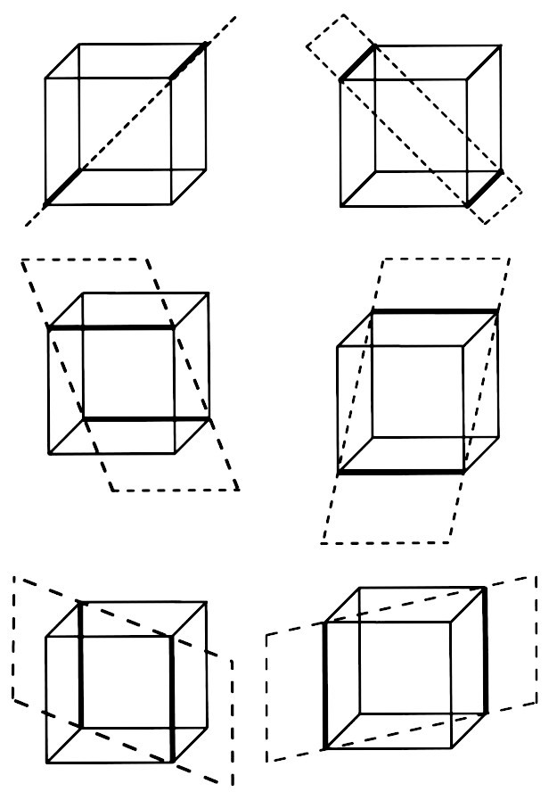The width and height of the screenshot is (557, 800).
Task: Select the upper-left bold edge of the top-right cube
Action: (x=357, y=62)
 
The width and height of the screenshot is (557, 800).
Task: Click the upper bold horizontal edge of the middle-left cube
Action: (x=111, y=328)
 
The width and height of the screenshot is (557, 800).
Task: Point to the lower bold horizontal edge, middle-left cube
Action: (x=147, y=418)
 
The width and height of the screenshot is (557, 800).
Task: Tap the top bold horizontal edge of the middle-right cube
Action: (x=435, y=311)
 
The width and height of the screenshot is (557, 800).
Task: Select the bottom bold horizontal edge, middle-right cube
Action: (x=401, y=471)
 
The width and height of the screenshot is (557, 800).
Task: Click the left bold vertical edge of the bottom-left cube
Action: (x=81, y=664)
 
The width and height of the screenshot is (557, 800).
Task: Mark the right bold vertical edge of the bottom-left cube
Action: (x=169, y=698)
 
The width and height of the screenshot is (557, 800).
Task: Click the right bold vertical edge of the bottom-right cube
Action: (x=485, y=650)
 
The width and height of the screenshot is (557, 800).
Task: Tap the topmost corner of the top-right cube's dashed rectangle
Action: (x=343, y=14)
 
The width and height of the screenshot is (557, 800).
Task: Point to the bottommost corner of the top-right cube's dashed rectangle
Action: (x=487, y=223)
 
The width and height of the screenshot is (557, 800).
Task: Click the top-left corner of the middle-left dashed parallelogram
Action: (x=21, y=260)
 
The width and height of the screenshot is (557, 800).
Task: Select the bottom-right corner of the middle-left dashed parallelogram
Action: (x=239, y=489)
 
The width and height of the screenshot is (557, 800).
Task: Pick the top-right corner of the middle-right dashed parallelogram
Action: (x=511, y=259)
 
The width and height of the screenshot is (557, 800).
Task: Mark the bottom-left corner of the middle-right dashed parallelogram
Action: (x=322, y=542)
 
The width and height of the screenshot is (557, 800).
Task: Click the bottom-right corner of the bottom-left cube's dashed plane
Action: (x=233, y=785)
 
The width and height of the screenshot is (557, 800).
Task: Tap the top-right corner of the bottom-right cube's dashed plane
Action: (x=537, y=576)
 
